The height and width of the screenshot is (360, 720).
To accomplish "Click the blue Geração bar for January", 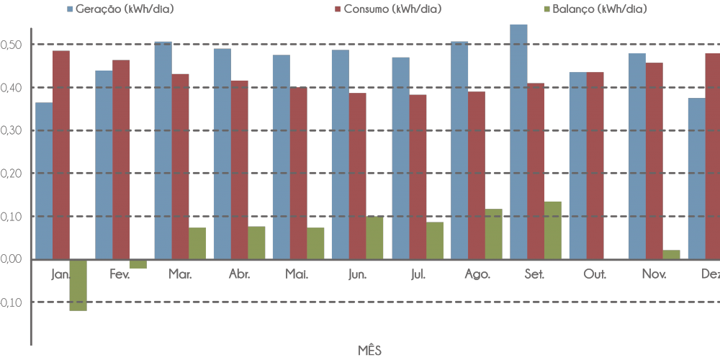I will [44, 181].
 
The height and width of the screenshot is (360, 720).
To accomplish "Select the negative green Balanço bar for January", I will [78, 285].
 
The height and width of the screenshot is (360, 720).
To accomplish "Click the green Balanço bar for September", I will [552, 230].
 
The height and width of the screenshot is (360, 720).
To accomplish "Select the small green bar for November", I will [670, 255].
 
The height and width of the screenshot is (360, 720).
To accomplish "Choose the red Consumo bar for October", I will [595, 166].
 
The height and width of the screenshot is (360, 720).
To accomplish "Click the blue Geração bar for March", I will [163, 150].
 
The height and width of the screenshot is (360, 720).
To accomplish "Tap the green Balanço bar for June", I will [374, 238].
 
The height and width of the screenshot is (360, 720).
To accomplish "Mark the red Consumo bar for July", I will [418, 177].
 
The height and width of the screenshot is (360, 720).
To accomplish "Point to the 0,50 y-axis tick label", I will [12, 45].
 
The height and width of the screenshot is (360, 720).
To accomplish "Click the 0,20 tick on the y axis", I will [12, 174].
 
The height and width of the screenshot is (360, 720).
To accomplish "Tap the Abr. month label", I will [238, 274].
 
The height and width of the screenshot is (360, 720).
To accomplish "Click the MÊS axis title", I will [369, 351].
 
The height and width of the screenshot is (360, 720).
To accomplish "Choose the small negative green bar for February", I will [138, 264].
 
